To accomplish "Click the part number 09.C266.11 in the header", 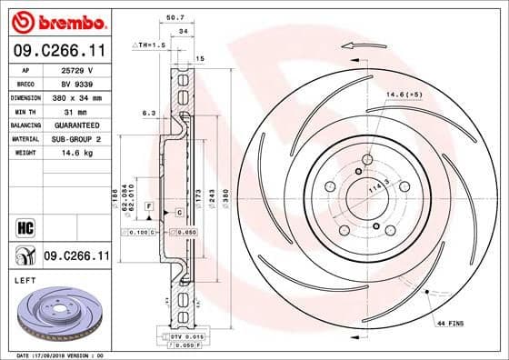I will click(x=59, y=53).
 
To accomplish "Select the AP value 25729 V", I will click(x=78, y=69).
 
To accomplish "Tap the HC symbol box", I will click(x=25, y=225).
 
